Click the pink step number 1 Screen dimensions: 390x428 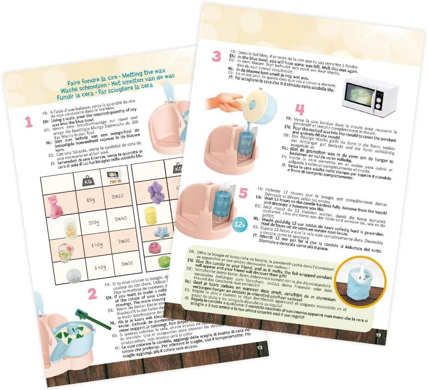click(29, 123)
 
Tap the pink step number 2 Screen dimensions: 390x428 click(92, 294)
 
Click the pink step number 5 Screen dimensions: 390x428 click(243, 192)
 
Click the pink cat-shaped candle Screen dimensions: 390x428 click(55, 207)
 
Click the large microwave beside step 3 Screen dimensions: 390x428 click(370, 98)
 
